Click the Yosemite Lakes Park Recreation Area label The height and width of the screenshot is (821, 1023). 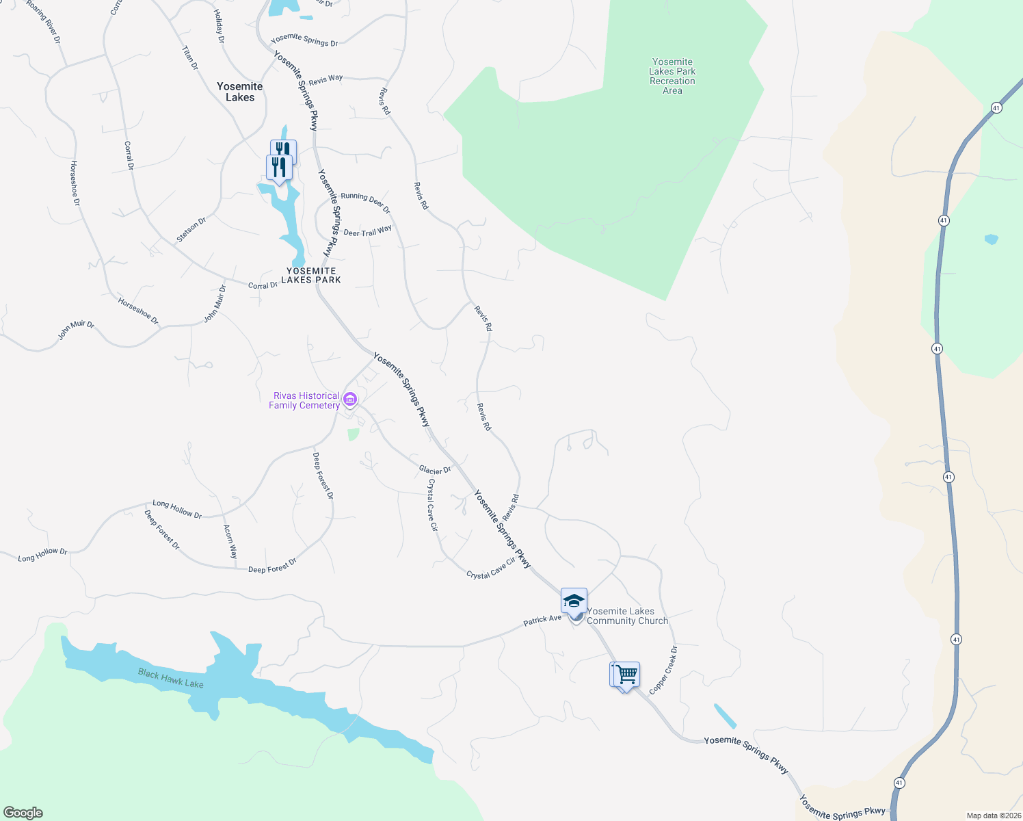(x=672, y=76)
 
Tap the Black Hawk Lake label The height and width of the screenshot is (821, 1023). (x=170, y=678)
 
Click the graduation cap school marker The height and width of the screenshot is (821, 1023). (x=574, y=601)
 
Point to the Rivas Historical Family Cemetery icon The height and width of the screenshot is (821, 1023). (x=350, y=399)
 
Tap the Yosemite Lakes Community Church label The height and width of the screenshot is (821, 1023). (x=627, y=616)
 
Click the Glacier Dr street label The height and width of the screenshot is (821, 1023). (x=435, y=470)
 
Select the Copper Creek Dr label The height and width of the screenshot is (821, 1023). (x=663, y=670)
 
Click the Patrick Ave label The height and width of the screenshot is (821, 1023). (x=542, y=620)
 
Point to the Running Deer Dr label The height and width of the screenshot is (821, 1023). (x=365, y=202)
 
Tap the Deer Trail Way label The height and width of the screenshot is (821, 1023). (x=367, y=231)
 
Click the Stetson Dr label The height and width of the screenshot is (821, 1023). (x=191, y=230)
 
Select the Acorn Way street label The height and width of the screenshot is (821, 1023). (x=230, y=542)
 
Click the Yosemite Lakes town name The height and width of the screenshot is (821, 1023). (x=240, y=92)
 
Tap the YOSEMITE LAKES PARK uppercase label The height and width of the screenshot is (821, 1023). (x=311, y=275)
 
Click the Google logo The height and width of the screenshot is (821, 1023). (x=23, y=812)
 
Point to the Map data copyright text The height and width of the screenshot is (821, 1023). (x=994, y=816)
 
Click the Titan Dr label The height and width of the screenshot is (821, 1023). (x=189, y=58)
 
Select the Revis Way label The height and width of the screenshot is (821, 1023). (x=325, y=80)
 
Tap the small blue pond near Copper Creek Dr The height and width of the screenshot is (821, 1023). (x=725, y=716)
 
